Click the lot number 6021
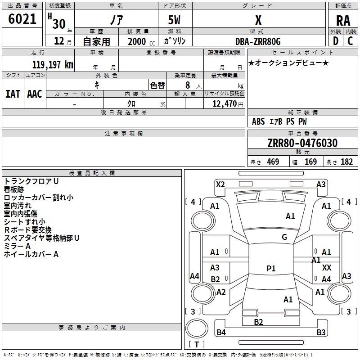tap(22, 20)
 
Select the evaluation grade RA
tap(343, 20)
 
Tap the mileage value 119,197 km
tap(53, 64)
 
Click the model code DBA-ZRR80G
tap(258, 41)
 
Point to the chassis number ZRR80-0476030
tap(302, 144)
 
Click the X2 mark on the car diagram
tap(220, 184)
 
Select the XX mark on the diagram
tap(327, 267)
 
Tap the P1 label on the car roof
tap(271, 268)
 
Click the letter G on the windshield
tap(284, 237)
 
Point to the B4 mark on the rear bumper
tap(221, 333)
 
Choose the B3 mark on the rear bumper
tap(321, 333)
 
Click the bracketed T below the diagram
tap(197, 344)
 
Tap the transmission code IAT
tap(13, 94)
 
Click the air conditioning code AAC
tap(34, 94)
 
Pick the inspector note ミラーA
tap(17, 246)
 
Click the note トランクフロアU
tap(31, 181)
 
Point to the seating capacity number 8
tap(187, 85)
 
